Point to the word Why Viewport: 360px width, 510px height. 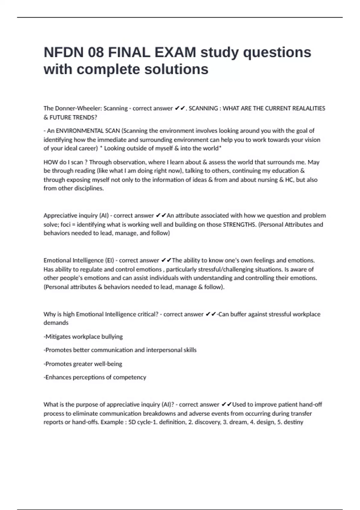[49, 314]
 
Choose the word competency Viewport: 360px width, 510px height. [130, 377]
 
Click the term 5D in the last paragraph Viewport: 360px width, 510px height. [132, 422]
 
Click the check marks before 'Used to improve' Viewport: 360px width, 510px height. [226, 404]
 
